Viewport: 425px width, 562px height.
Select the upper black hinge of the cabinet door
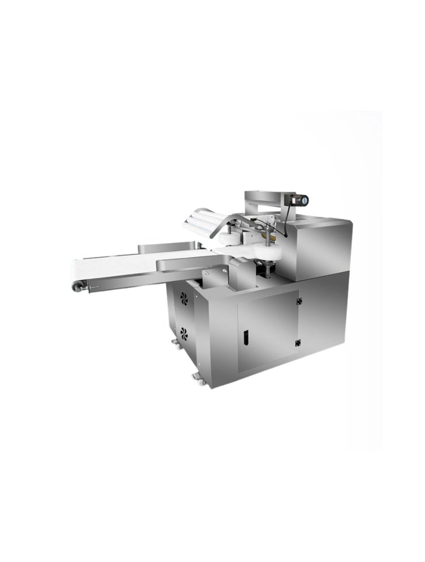pyautogui.click(x=298, y=301)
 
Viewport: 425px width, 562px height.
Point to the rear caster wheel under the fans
pyautogui.click(x=175, y=343)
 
